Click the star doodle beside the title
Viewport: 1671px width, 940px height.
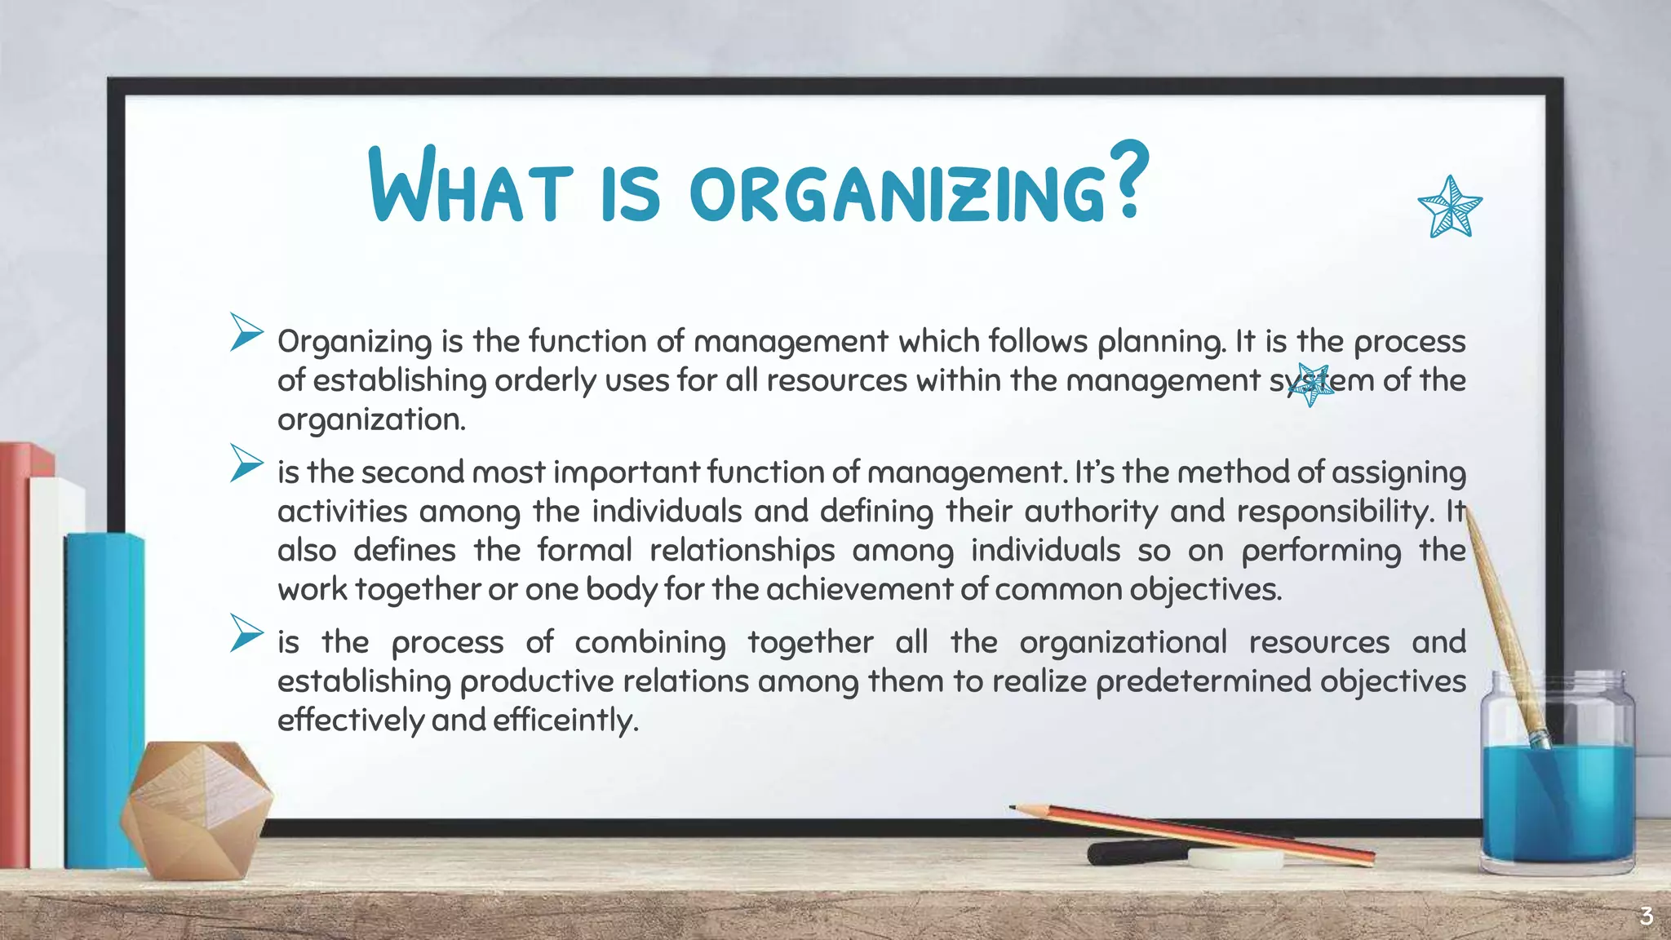1450,207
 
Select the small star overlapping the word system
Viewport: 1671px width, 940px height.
1311,384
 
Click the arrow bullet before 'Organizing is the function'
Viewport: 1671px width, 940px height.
246,332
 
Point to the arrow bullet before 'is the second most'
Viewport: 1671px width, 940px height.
246,463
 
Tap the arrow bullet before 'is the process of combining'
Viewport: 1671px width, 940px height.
246,632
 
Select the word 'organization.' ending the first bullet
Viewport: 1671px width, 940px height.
371,419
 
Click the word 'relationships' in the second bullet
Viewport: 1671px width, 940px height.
742,551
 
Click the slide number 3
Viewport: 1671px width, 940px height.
1646,916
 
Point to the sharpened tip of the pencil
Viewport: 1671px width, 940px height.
1014,808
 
